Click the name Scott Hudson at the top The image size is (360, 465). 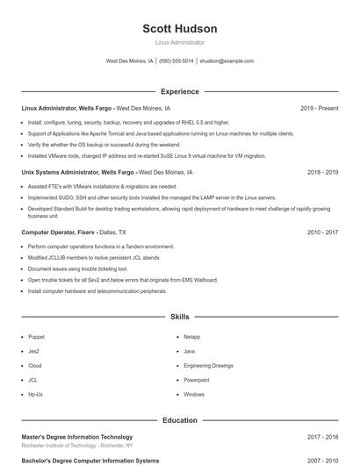(179, 29)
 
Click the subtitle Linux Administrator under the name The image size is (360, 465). (179, 42)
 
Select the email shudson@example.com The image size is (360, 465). (227, 61)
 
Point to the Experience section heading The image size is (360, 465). (179, 91)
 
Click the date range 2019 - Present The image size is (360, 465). (319, 109)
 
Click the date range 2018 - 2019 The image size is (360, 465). (322, 173)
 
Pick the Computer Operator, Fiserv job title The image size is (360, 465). (58, 232)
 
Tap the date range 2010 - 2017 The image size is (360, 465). (322, 232)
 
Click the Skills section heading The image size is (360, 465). (179, 316)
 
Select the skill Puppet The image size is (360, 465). (36, 337)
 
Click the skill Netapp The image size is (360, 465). (192, 337)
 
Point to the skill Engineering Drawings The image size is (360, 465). (209, 366)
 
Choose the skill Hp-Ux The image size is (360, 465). (35, 395)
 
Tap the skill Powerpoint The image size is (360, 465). (197, 380)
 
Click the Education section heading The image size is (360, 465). (179, 420)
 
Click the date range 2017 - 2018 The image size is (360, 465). (322, 437)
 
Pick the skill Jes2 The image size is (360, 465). (33, 351)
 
